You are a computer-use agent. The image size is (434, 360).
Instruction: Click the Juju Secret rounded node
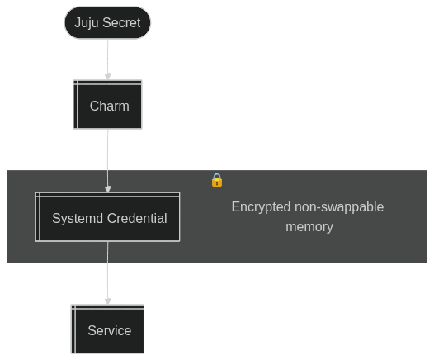107,23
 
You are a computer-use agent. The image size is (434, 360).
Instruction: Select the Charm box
107,105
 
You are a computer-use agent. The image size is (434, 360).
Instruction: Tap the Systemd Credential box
107,217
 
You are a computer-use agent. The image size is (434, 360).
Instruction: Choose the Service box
107,329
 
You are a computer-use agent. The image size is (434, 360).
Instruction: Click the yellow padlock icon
217,180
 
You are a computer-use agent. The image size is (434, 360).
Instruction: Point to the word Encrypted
261,207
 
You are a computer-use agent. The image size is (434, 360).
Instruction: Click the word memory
309,227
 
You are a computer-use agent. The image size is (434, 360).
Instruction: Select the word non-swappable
339,207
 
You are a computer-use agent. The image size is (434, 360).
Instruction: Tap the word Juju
87,23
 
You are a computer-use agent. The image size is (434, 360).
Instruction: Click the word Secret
121,23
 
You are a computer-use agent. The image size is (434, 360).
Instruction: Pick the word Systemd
78,218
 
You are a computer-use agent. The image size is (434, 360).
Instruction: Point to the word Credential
137,218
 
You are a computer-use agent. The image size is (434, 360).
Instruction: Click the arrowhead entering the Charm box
108,77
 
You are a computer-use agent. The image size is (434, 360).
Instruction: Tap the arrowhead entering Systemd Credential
108,189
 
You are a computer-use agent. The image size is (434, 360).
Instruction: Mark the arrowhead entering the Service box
108,301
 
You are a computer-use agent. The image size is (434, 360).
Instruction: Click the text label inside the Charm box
110,106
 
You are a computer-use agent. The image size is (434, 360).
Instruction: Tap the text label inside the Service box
110,330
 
